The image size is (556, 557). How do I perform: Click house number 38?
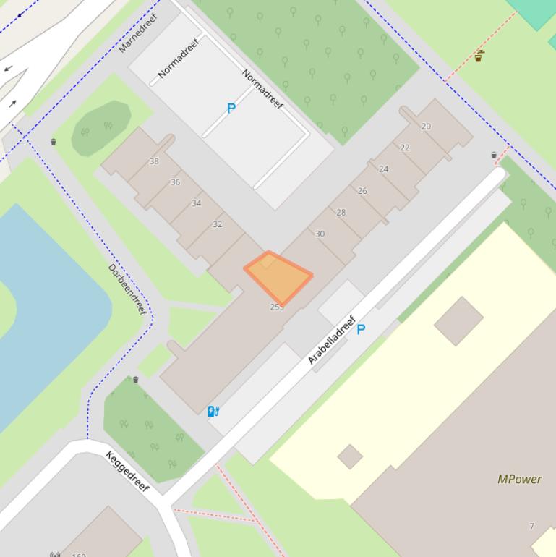pyautogui.click(x=154, y=161)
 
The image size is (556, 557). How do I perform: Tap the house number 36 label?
pyautogui.click(x=175, y=182)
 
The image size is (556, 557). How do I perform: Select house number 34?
pyautogui.click(x=196, y=203)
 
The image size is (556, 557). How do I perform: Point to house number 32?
pyautogui.click(x=217, y=224)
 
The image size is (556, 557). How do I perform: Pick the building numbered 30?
pyautogui.click(x=320, y=234)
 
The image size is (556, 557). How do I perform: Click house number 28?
pyautogui.click(x=341, y=213)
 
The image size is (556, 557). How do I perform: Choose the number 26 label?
pyautogui.click(x=362, y=191)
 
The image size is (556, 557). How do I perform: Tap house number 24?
pyautogui.click(x=383, y=169)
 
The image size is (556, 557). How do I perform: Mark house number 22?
pyautogui.click(x=404, y=148)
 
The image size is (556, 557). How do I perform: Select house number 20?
pyautogui.click(x=426, y=127)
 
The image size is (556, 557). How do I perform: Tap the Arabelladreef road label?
pyautogui.click(x=332, y=339)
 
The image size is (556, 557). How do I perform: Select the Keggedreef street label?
pyautogui.click(x=127, y=471)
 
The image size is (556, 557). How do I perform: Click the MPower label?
pyautogui.click(x=519, y=479)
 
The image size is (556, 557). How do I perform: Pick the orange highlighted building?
pyautogui.click(x=278, y=276)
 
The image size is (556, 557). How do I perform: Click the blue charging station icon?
pyautogui.click(x=213, y=412)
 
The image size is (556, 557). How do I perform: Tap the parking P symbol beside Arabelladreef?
pyautogui.click(x=361, y=330)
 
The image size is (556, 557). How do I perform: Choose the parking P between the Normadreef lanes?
pyautogui.click(x=231, y=109)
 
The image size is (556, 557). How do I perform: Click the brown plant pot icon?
pyautogui.click(x=479, y=56)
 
